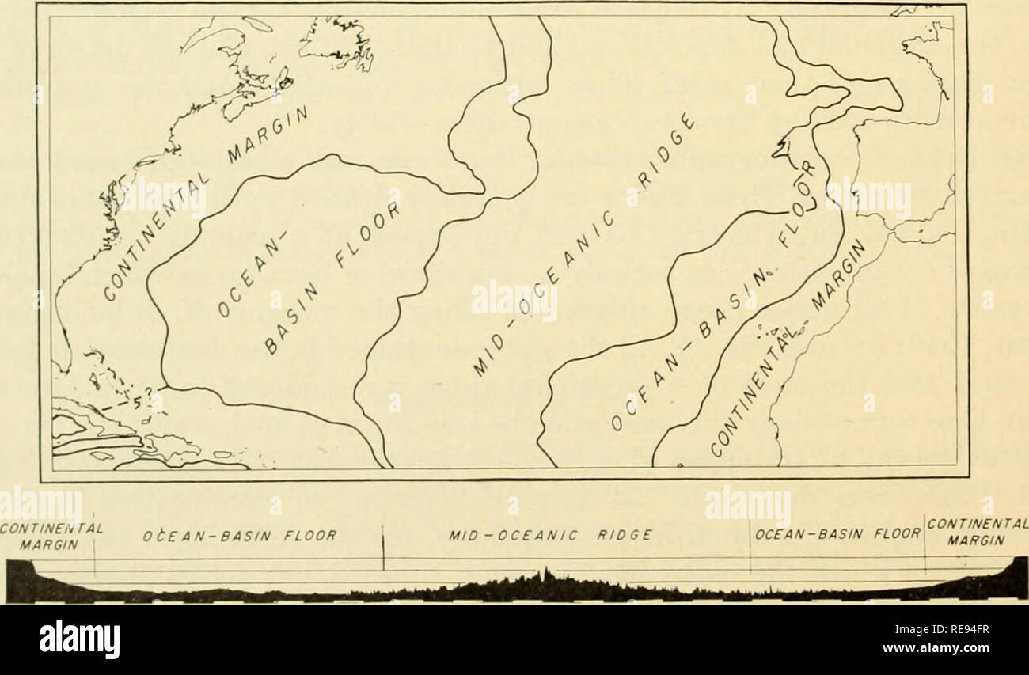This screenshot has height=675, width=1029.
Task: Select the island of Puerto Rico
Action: pos(224,455)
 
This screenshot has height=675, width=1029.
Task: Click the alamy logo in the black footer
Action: pos(79,639)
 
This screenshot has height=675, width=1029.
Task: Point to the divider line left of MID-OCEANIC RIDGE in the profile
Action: pos(383,549)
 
